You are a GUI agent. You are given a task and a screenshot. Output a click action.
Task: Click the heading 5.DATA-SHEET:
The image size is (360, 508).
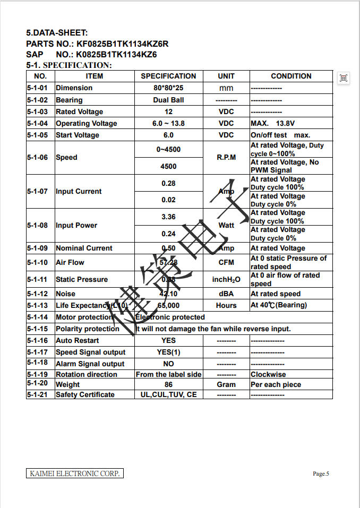[57, 33]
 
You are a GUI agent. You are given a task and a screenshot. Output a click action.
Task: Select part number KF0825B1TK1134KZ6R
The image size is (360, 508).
[122, 44]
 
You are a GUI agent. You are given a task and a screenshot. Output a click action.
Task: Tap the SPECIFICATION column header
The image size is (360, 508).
[168, 76]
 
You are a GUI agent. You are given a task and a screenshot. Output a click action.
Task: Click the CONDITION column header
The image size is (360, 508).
[291, 76]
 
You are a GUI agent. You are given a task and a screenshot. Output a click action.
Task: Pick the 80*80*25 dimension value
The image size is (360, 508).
[168, 88]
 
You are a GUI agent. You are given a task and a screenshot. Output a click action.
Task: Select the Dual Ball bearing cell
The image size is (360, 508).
[168, 100]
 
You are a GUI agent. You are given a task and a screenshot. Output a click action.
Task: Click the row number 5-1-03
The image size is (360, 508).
[40, 111]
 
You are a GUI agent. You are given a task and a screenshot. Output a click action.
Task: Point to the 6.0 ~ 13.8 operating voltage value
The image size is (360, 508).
[168, 123]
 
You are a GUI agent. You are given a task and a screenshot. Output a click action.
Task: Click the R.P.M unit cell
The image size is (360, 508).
[226, 158]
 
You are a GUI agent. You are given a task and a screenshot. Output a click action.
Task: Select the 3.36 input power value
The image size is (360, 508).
[168, 217]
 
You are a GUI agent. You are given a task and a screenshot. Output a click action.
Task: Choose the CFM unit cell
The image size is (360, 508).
[226, 262]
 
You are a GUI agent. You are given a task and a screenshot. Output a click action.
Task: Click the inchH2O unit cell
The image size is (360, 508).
[226, 279]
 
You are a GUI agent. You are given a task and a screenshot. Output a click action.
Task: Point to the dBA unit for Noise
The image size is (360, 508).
[226, 294]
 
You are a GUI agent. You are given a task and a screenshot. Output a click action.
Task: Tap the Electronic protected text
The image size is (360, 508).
[170, 317]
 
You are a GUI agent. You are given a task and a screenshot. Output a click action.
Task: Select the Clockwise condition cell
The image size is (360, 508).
[268, 374]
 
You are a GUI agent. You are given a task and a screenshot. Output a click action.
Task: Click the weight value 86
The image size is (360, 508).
[168, 384]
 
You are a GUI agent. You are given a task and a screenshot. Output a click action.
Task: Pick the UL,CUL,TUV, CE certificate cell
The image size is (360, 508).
[168, 394]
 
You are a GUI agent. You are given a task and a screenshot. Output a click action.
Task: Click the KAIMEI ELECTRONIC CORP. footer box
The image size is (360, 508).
[75, 473]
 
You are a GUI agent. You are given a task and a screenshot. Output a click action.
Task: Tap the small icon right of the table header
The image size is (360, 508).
[344, 78]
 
